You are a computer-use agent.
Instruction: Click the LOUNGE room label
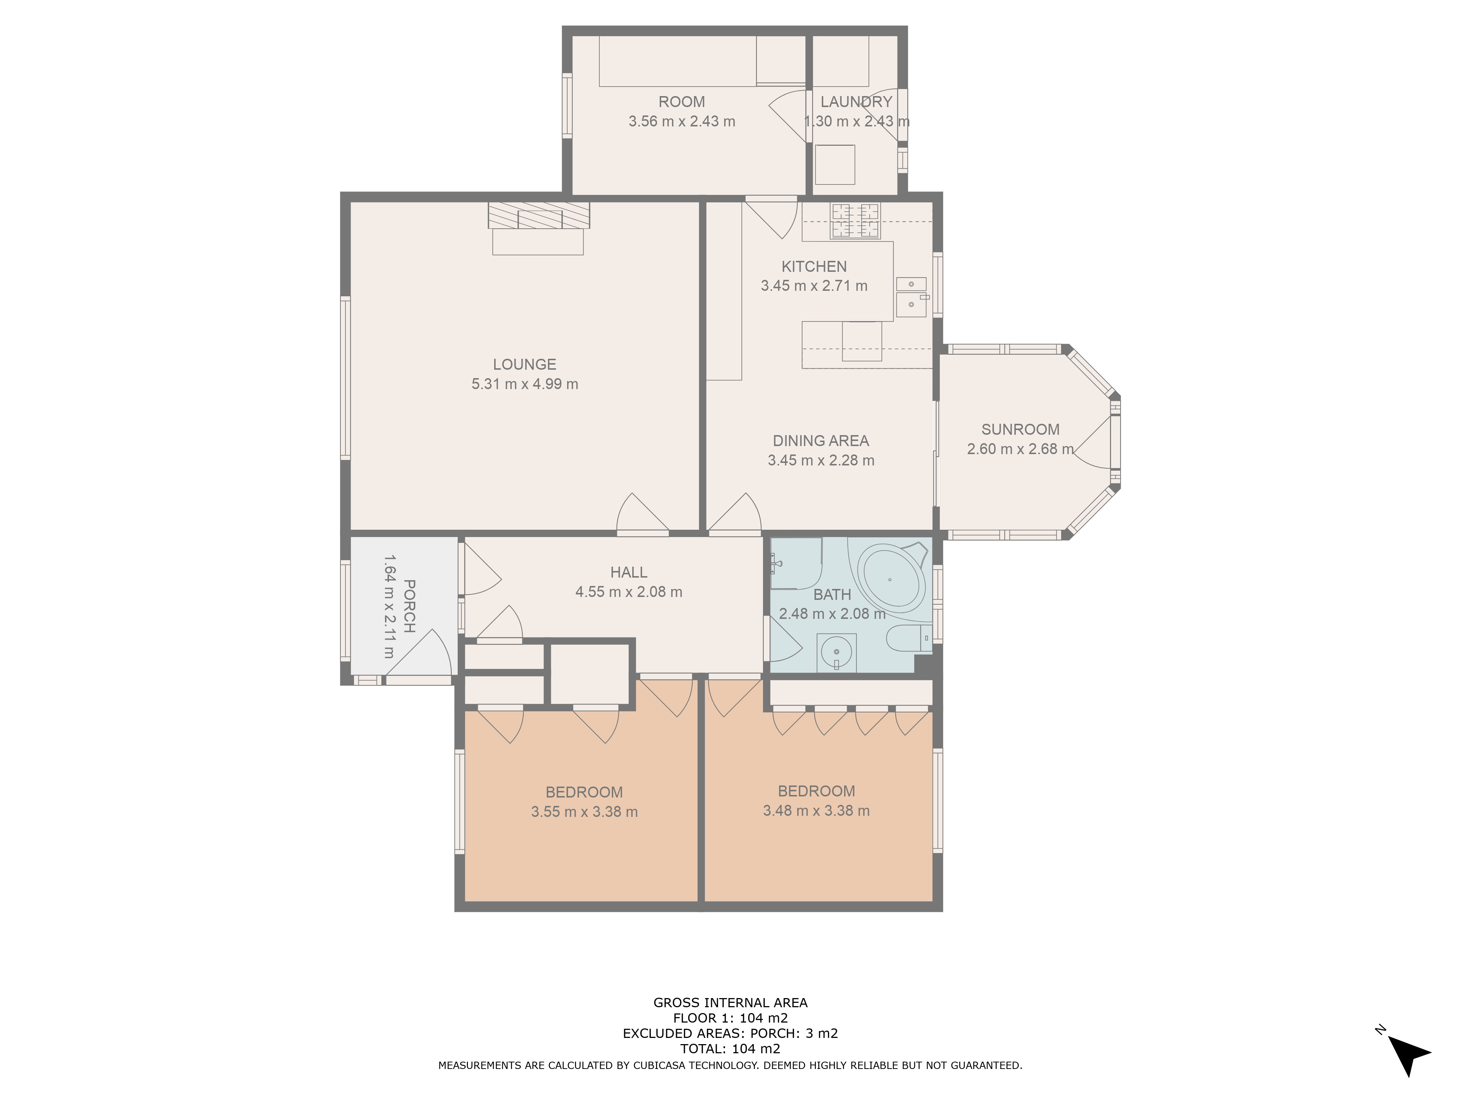524,364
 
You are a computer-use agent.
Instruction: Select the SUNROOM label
1020,429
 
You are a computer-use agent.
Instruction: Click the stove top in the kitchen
855,220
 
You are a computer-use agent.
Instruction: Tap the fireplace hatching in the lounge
538,216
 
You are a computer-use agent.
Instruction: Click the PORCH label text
409,606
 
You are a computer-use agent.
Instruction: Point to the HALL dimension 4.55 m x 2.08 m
628,592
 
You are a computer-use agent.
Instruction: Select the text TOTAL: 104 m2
730,1049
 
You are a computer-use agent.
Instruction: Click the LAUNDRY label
856,102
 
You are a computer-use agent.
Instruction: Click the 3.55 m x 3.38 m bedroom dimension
584,812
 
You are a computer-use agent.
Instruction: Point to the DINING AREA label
820,441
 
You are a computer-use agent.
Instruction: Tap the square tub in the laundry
835,164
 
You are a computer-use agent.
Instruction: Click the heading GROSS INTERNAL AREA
730,1003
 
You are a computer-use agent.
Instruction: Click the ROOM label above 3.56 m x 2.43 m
681,102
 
